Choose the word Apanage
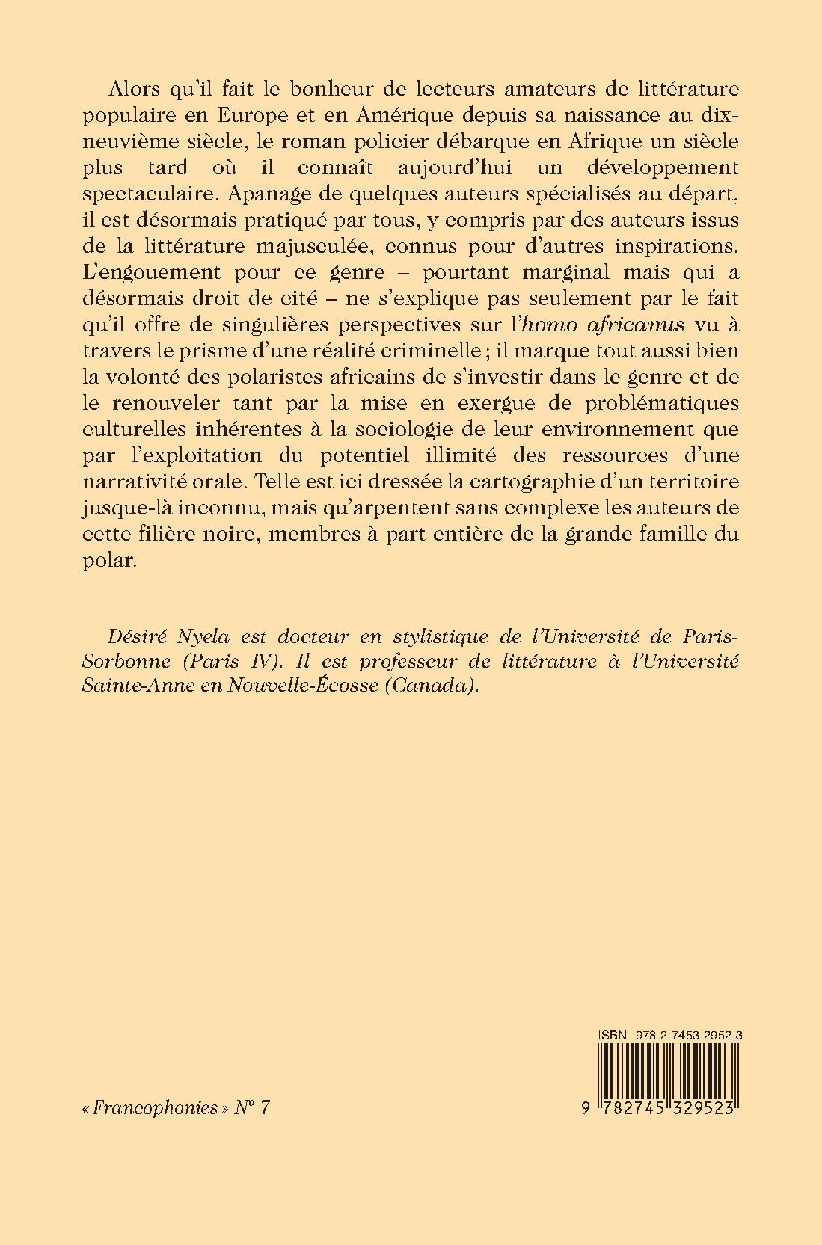(258, 196)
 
